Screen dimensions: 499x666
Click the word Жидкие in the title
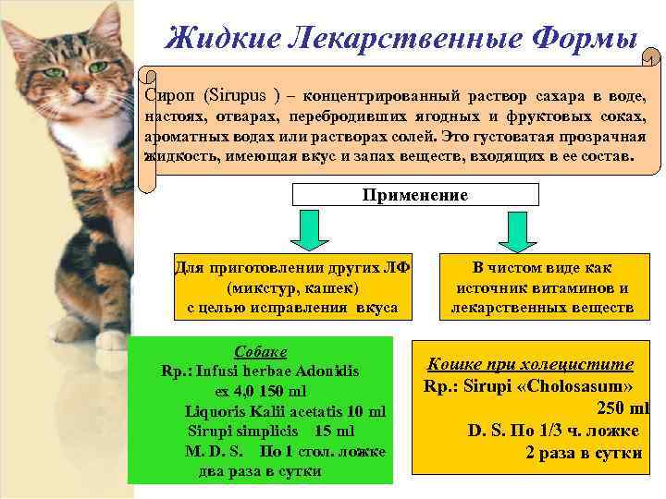tap(218, 36)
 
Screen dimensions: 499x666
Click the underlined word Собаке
tap(260, 353)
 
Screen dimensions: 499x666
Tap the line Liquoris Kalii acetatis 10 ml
tap(285, 411)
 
